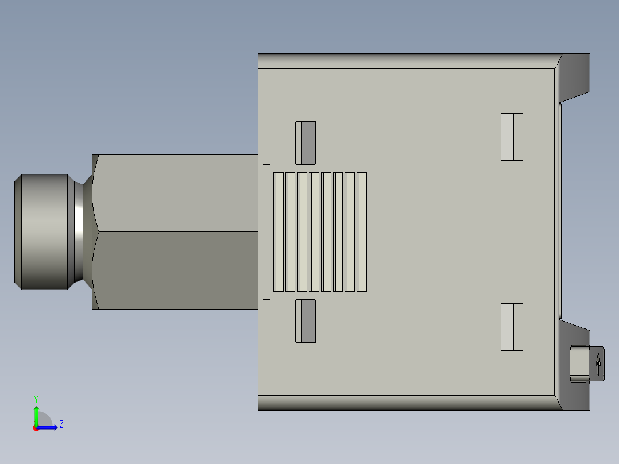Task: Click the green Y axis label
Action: point(36,399)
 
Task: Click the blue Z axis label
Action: point(61,424)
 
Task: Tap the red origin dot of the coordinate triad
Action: point(36,428)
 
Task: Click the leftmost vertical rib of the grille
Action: point(278,232)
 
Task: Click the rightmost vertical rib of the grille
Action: point(362,232)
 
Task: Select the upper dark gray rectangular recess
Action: point(305,143)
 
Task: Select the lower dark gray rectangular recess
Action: point(305,321)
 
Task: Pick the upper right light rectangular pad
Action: point(512,137)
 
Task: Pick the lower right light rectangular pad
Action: point(512,327)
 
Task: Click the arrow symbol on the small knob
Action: point(598,364)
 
